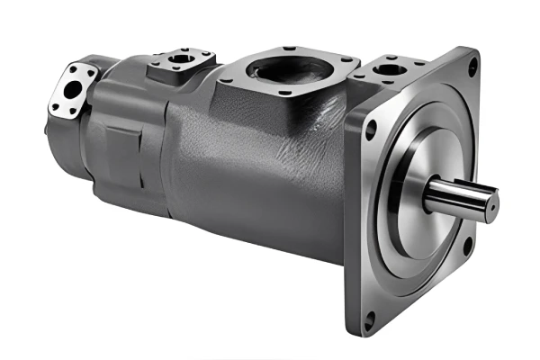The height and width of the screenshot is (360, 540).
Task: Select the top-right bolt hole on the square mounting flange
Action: click(472, 65)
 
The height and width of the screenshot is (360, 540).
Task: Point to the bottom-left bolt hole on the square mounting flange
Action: click(369, 317)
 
